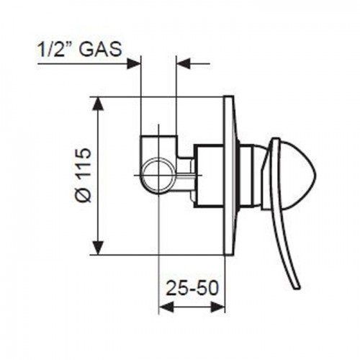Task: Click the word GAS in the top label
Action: point(100,50)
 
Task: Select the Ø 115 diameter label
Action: point(84,175)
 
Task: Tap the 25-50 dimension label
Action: point(193,288)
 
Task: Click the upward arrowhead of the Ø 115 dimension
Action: point(98,104)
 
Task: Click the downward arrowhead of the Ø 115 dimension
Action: point(98,248)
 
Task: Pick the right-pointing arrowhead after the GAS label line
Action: point(134,63)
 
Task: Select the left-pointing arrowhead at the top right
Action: point(184,63)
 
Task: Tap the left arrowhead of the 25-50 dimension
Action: point(166,307)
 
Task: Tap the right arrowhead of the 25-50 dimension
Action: point(218,307)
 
